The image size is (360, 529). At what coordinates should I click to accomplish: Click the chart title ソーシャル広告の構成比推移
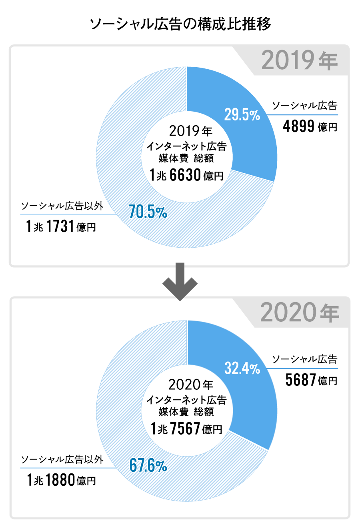[x=180, y=24]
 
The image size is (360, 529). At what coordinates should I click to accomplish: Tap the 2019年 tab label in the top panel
[x=299, y=61]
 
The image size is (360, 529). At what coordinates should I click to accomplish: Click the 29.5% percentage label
[x=242, y=115]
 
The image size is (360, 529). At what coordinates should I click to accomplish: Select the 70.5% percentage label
[x=148, y=212]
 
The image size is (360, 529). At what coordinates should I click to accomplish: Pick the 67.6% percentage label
[x=148, y=466]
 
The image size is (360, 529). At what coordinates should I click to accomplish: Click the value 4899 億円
[x=310, y=127]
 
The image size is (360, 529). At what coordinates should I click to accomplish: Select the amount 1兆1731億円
[x=61, y=227]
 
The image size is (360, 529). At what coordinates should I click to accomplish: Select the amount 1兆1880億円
[x=61, y=480]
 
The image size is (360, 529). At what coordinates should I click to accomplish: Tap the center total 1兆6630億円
[x=186, y=175]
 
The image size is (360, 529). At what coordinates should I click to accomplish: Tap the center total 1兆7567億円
[x=186, y=429]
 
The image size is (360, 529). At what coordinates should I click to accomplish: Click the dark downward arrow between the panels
[x=180, y=282]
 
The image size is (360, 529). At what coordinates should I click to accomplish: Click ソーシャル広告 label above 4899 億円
[x=304, y=106]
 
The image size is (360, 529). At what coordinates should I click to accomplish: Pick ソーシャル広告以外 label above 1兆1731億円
[x=62, y=206]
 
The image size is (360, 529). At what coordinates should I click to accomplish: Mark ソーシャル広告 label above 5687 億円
[x=304, y=359]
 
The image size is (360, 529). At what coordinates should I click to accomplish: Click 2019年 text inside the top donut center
[x=190, y=131]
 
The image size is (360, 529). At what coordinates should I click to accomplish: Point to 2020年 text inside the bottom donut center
[x=190, y=385]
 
